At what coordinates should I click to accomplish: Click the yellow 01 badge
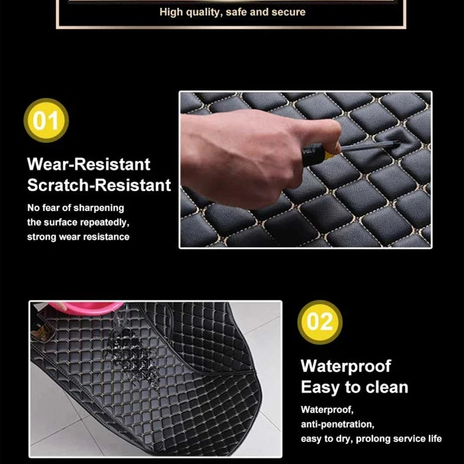[x=46, y=121]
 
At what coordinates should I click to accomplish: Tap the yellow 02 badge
[x=320, y=322]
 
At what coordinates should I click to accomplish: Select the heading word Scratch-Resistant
[x=99, y=185]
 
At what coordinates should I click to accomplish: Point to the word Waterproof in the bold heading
[x=346, y=367]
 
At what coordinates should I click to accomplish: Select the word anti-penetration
[x=338, y=425]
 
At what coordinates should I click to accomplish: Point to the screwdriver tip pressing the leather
[x=398, y=143]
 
